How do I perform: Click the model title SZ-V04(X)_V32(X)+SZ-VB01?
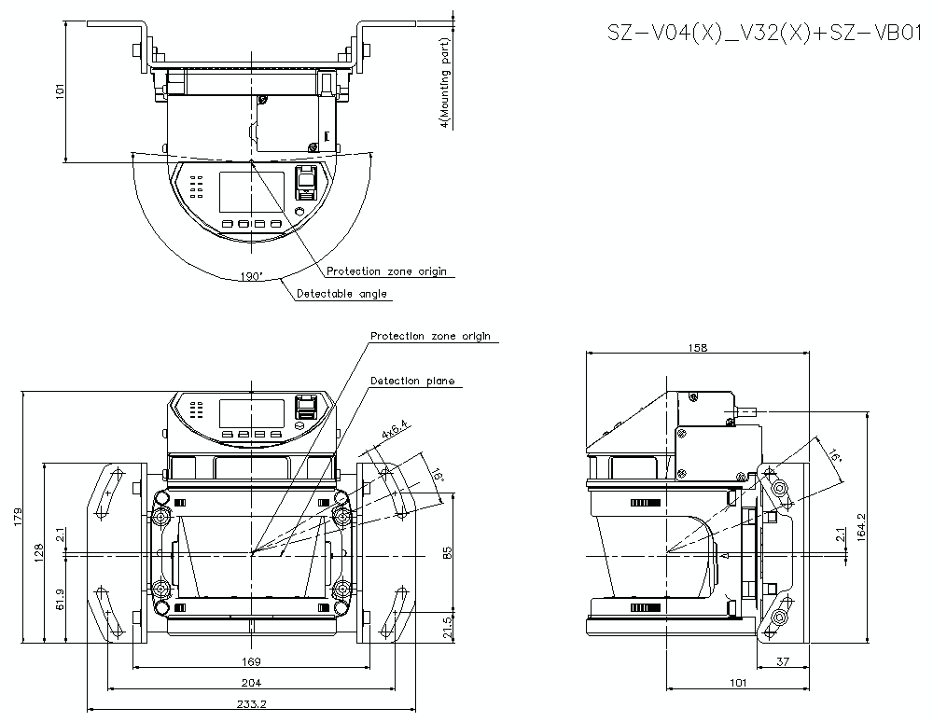pyautogui.click(x=765, y=35)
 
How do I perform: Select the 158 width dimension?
pyautogui.click(x=698, y=347)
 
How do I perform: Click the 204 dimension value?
pyautogui.click(x=252, y=683)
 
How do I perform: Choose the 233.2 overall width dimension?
pyautogui.click(x=247, y=705)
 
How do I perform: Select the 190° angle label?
pyautogui.click(x=251, y=277)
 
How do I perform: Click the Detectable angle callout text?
pyautogui.click(x=341, y=294)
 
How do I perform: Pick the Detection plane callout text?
pyautogui.click(x=412, y=381)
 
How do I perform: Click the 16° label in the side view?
pyautogui.click(x=835, y=455)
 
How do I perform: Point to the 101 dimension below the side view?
pyautogui.click(x=738, y=683)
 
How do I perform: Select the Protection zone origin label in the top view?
pyautogui.click(x=386, y=271)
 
